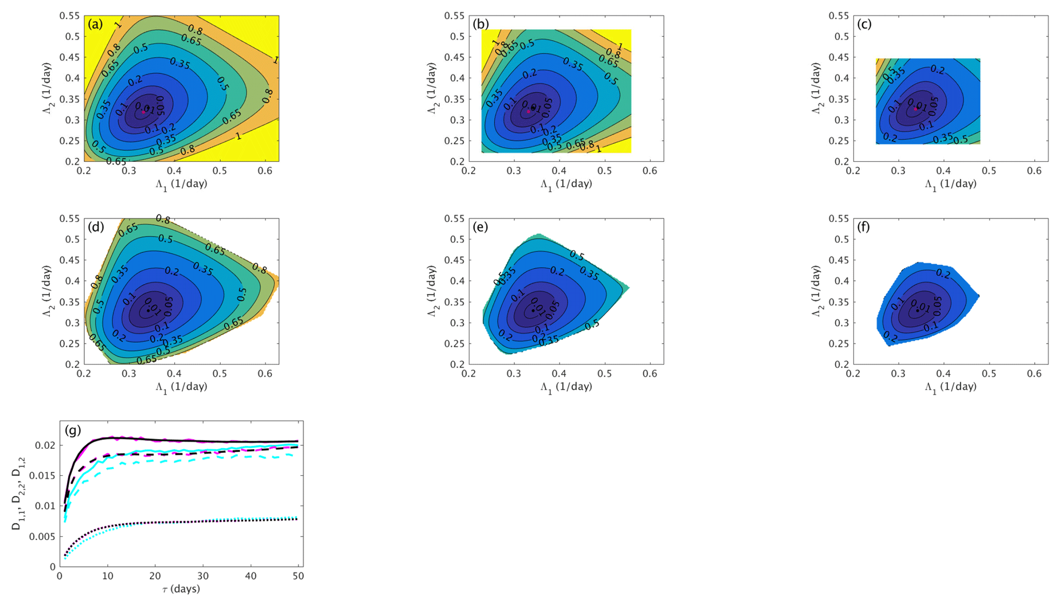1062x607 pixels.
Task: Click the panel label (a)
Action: (95, 24)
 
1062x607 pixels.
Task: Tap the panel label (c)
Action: (864, 24)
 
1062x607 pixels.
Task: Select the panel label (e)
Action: (480, 227)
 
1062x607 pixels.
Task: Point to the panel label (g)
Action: (73, 430)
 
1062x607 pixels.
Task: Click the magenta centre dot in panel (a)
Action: (143, 112)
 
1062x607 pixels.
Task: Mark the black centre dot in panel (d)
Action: (148, 310)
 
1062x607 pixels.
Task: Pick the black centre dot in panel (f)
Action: (918, 310)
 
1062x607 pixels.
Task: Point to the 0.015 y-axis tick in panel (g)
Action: (43, 475)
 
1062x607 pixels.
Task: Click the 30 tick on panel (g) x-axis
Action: (203, 577)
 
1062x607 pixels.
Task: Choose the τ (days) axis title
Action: (181, 589)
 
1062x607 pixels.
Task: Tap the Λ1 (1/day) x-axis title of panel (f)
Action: (951, 387)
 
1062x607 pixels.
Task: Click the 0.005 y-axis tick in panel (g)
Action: (43, 537)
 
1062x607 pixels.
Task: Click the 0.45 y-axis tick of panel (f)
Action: (839, 260)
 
